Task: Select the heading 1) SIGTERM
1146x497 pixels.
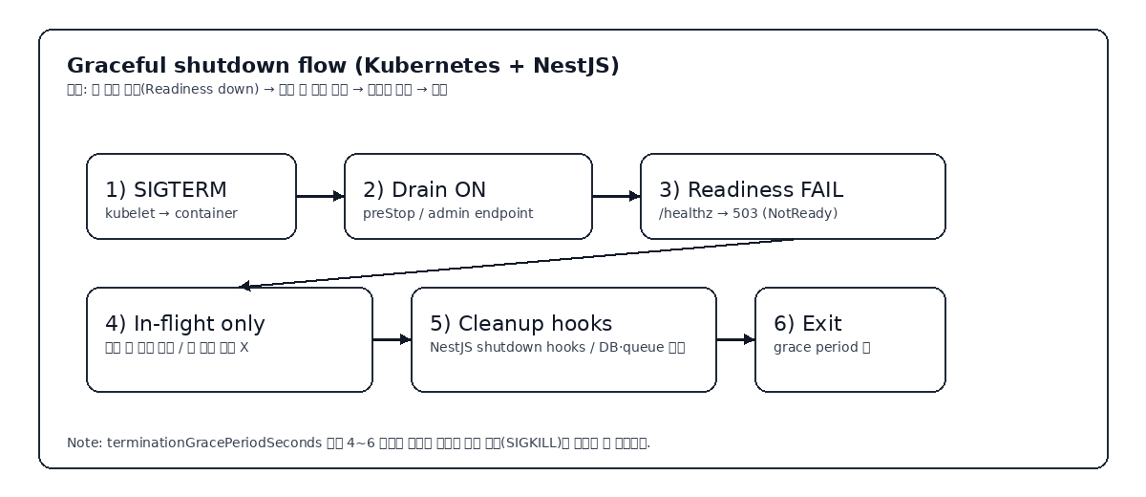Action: coord(166,190)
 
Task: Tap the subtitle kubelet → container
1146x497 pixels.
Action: coord(171,213)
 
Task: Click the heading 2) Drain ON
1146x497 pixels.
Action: coord(424,190)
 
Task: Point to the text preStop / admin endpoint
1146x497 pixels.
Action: coord(448,213)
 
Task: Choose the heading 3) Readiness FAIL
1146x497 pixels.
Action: coord(751,190)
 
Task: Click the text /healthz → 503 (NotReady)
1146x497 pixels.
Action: coord(748,213)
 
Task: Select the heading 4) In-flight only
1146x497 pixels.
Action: coord(185,324)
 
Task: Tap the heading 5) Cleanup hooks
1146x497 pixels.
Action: coord(520,324)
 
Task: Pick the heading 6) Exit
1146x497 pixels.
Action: coord(808,324)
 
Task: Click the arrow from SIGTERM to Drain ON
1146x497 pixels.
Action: coord(320,196)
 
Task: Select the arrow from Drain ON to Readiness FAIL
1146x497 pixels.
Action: coord(616,196)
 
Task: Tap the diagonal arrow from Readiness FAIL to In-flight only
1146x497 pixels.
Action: coord(516,263)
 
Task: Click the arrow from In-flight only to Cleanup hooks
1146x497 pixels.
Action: coord(392,339)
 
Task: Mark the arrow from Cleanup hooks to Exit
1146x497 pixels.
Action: coord(735,339)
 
